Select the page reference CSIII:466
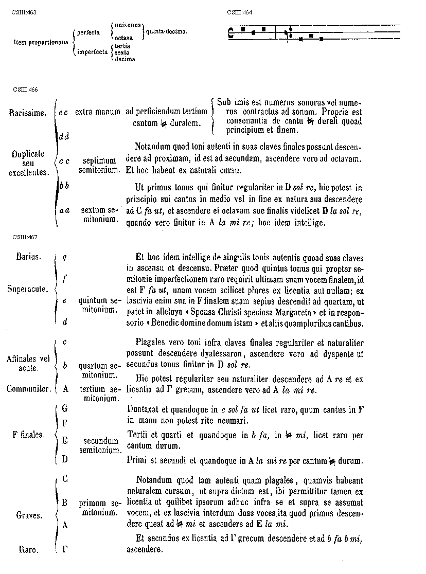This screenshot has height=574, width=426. [25, 89]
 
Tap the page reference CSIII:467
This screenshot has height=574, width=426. [26, 237]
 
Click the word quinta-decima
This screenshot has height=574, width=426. [167, 31]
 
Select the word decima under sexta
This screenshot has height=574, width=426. [125, 59]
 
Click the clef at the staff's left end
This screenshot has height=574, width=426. [230, 32]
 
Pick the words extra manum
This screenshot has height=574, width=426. [97, 111]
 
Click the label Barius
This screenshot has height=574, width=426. [29, 256]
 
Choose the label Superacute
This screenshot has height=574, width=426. [28, 289]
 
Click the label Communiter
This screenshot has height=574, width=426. [29, 389]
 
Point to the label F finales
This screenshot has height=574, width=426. [29, 434]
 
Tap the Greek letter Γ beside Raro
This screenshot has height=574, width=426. [65, 549]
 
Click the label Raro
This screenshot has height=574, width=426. [29, 550]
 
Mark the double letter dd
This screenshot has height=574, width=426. [64, 136]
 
